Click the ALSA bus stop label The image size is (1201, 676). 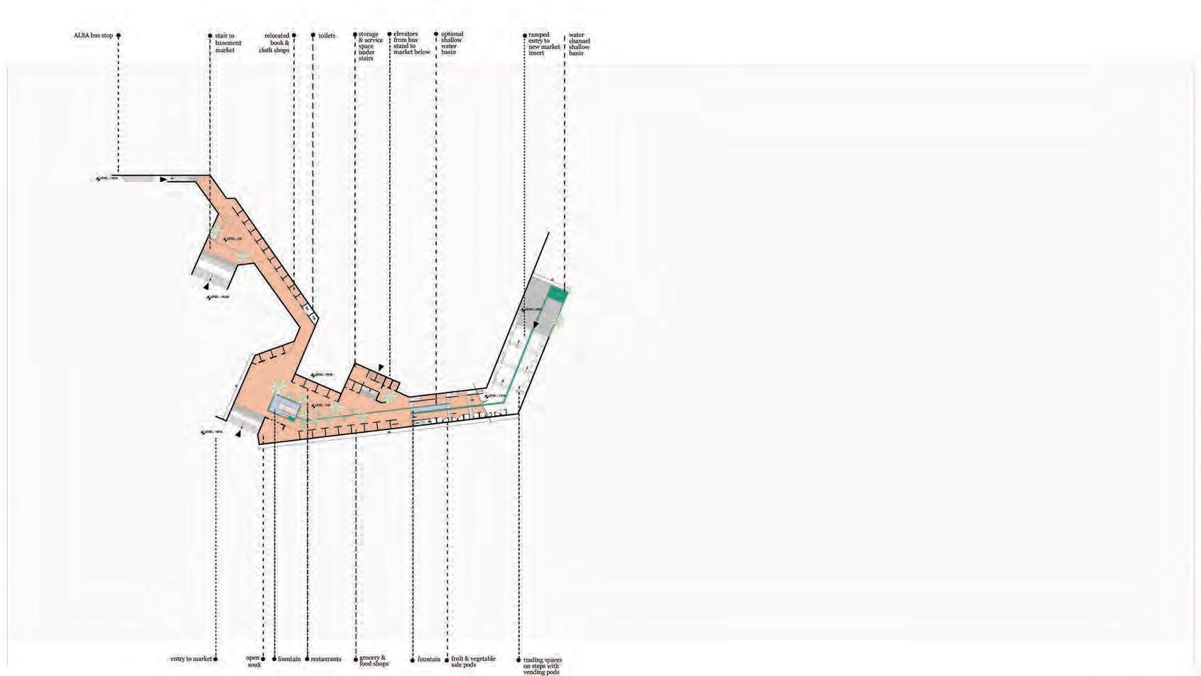[93, 36]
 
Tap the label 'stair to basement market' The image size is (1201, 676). [228, 43]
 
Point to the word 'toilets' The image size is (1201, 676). [327, 36]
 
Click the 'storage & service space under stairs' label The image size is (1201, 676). [370, 46]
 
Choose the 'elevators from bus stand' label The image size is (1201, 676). [411, 43]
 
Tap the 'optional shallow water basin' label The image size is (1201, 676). [452, 43]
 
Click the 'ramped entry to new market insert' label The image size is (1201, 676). [544, 44]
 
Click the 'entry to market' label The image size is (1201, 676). [190, 660]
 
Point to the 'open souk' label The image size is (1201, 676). [254, 662]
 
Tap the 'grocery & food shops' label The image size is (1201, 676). [374, 661]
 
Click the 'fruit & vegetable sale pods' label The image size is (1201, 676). [473, 662]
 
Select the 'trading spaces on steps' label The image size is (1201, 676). [542, 666]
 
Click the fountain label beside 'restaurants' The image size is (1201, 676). [289, 660]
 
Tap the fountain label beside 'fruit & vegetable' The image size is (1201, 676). [428, 660]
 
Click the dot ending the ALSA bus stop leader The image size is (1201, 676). [119, 36]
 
